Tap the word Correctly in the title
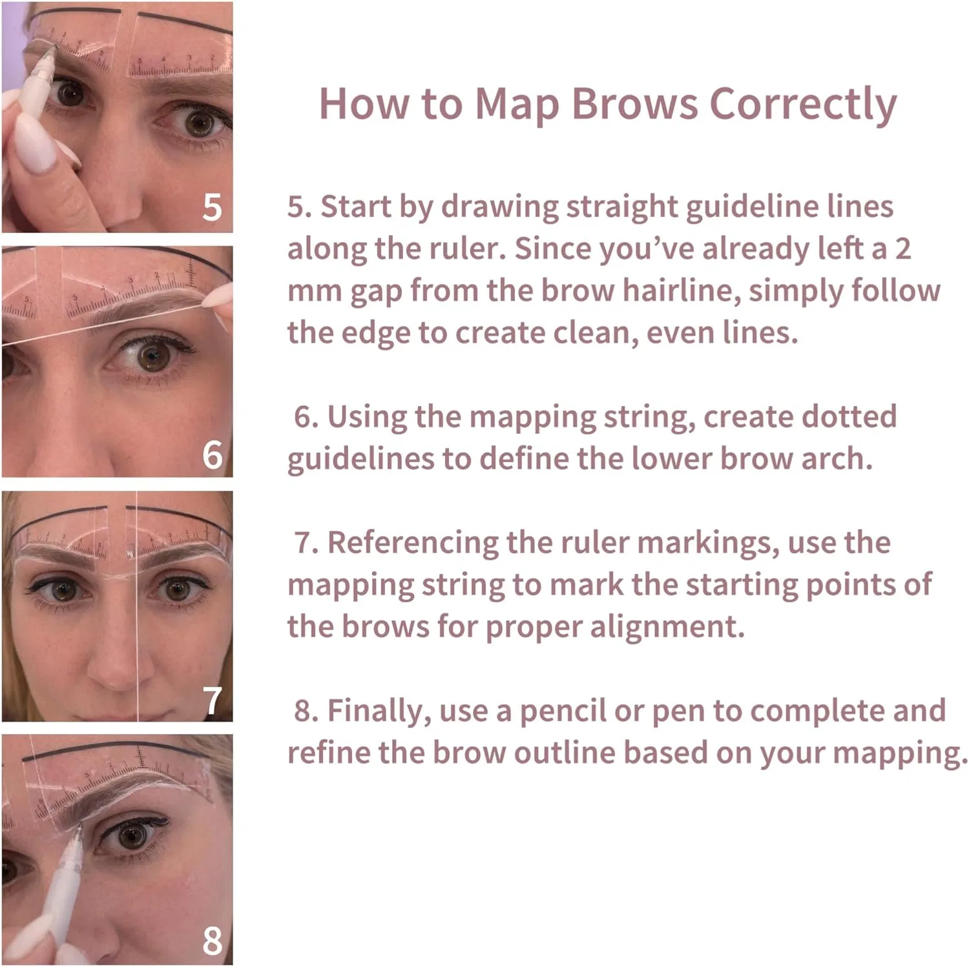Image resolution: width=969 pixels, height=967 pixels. coord(803,105)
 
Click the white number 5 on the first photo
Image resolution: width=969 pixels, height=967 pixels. coord(212,207)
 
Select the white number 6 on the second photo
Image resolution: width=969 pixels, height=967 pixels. coord(212,455)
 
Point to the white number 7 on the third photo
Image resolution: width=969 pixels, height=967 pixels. coord(213,701)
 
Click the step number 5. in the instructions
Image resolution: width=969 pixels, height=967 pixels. coord(300,207)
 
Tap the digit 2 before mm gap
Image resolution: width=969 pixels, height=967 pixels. coord(902,249)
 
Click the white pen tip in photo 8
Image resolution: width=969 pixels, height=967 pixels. coord(78,828)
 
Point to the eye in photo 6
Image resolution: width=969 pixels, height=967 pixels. coord(152,356)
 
